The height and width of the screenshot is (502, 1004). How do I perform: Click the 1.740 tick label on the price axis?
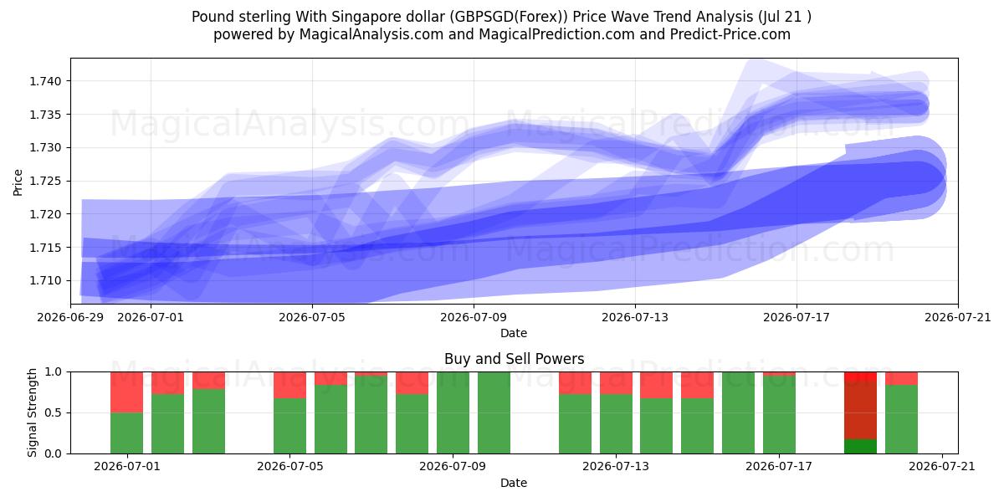(45, 81)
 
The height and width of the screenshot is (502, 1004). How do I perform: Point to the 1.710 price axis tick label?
(45, 280)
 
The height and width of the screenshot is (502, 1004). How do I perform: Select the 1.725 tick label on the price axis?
(45, 181)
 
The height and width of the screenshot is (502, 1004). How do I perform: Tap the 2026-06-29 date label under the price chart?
(70, 317)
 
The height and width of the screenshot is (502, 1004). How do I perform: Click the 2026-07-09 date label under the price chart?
(474, 317)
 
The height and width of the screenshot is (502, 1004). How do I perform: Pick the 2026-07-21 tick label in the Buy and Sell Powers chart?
(942, 466)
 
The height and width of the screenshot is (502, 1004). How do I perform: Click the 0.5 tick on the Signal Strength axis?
(54, 412)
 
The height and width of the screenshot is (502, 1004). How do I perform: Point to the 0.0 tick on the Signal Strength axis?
(54, 453)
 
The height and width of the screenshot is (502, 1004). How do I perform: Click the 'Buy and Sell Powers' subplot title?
(514, 359)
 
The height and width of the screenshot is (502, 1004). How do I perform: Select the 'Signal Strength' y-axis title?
(32, 412)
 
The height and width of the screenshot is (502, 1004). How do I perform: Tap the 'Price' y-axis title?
(18, 182)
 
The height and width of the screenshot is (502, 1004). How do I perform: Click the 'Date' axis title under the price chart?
(514, 333)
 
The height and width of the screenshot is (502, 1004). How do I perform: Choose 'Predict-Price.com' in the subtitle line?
(730, 34)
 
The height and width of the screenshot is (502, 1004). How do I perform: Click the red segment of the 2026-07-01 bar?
(127, 392)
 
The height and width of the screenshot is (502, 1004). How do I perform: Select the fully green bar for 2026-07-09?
(453, 412)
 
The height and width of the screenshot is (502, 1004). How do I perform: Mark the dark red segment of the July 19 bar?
(861, 410)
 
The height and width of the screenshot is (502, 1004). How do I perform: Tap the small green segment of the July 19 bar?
(861, 447)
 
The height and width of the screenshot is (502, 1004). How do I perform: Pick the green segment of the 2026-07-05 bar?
(290, 426)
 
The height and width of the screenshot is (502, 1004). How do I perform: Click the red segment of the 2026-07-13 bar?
(617, 383)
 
